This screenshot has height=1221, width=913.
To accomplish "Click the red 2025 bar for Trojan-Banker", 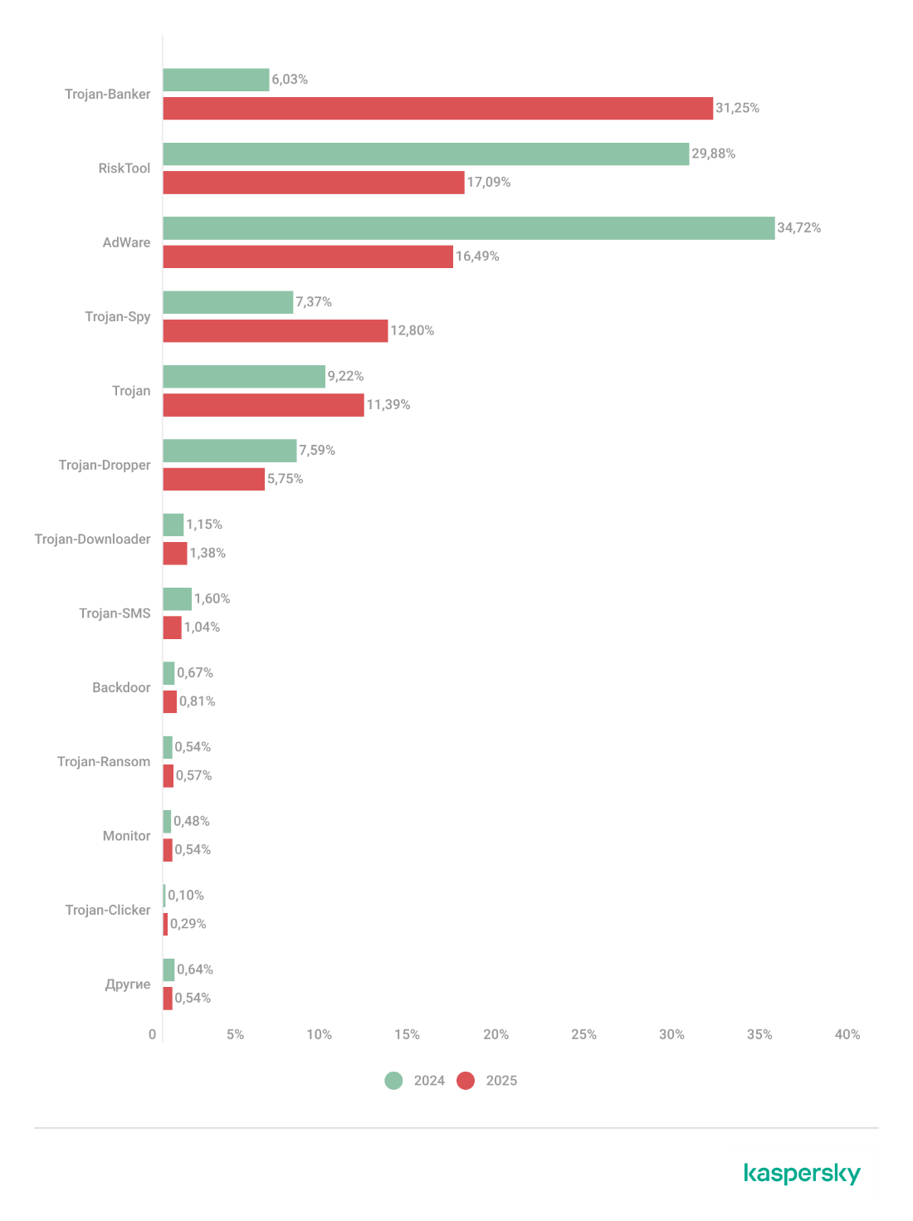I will [437, 109].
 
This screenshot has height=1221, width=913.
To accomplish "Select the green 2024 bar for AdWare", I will [468, 228].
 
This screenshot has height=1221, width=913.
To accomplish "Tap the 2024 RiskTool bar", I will [426, 154].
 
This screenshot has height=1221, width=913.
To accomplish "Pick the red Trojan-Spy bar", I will [275, 331].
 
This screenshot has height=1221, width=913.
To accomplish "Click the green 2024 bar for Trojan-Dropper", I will [229, 451].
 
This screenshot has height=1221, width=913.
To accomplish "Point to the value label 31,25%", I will [737, 108].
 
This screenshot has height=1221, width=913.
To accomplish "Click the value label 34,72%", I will [798, 227].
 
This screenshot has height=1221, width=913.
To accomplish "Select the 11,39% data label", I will [388, 405].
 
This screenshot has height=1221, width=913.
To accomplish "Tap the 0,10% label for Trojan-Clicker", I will [186, 895].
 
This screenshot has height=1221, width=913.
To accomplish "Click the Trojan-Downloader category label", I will [92, 540].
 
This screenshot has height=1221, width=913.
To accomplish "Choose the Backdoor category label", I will [121, 687].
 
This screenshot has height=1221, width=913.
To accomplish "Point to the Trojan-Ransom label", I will [104, 762].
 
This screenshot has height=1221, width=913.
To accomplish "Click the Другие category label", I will [127, 984].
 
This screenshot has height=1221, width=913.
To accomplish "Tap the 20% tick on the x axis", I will [496, 1034].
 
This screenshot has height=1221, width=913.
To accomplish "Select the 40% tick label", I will [847, 1034].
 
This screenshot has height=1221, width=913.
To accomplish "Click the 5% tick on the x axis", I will [235, 1034].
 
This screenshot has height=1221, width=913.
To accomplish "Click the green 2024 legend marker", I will [393, 1081].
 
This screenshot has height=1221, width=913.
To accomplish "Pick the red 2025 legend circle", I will [466, 1081].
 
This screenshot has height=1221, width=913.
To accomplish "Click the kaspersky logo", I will [802, 1174].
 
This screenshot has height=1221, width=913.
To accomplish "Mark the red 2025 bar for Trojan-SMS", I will [172, 628].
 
